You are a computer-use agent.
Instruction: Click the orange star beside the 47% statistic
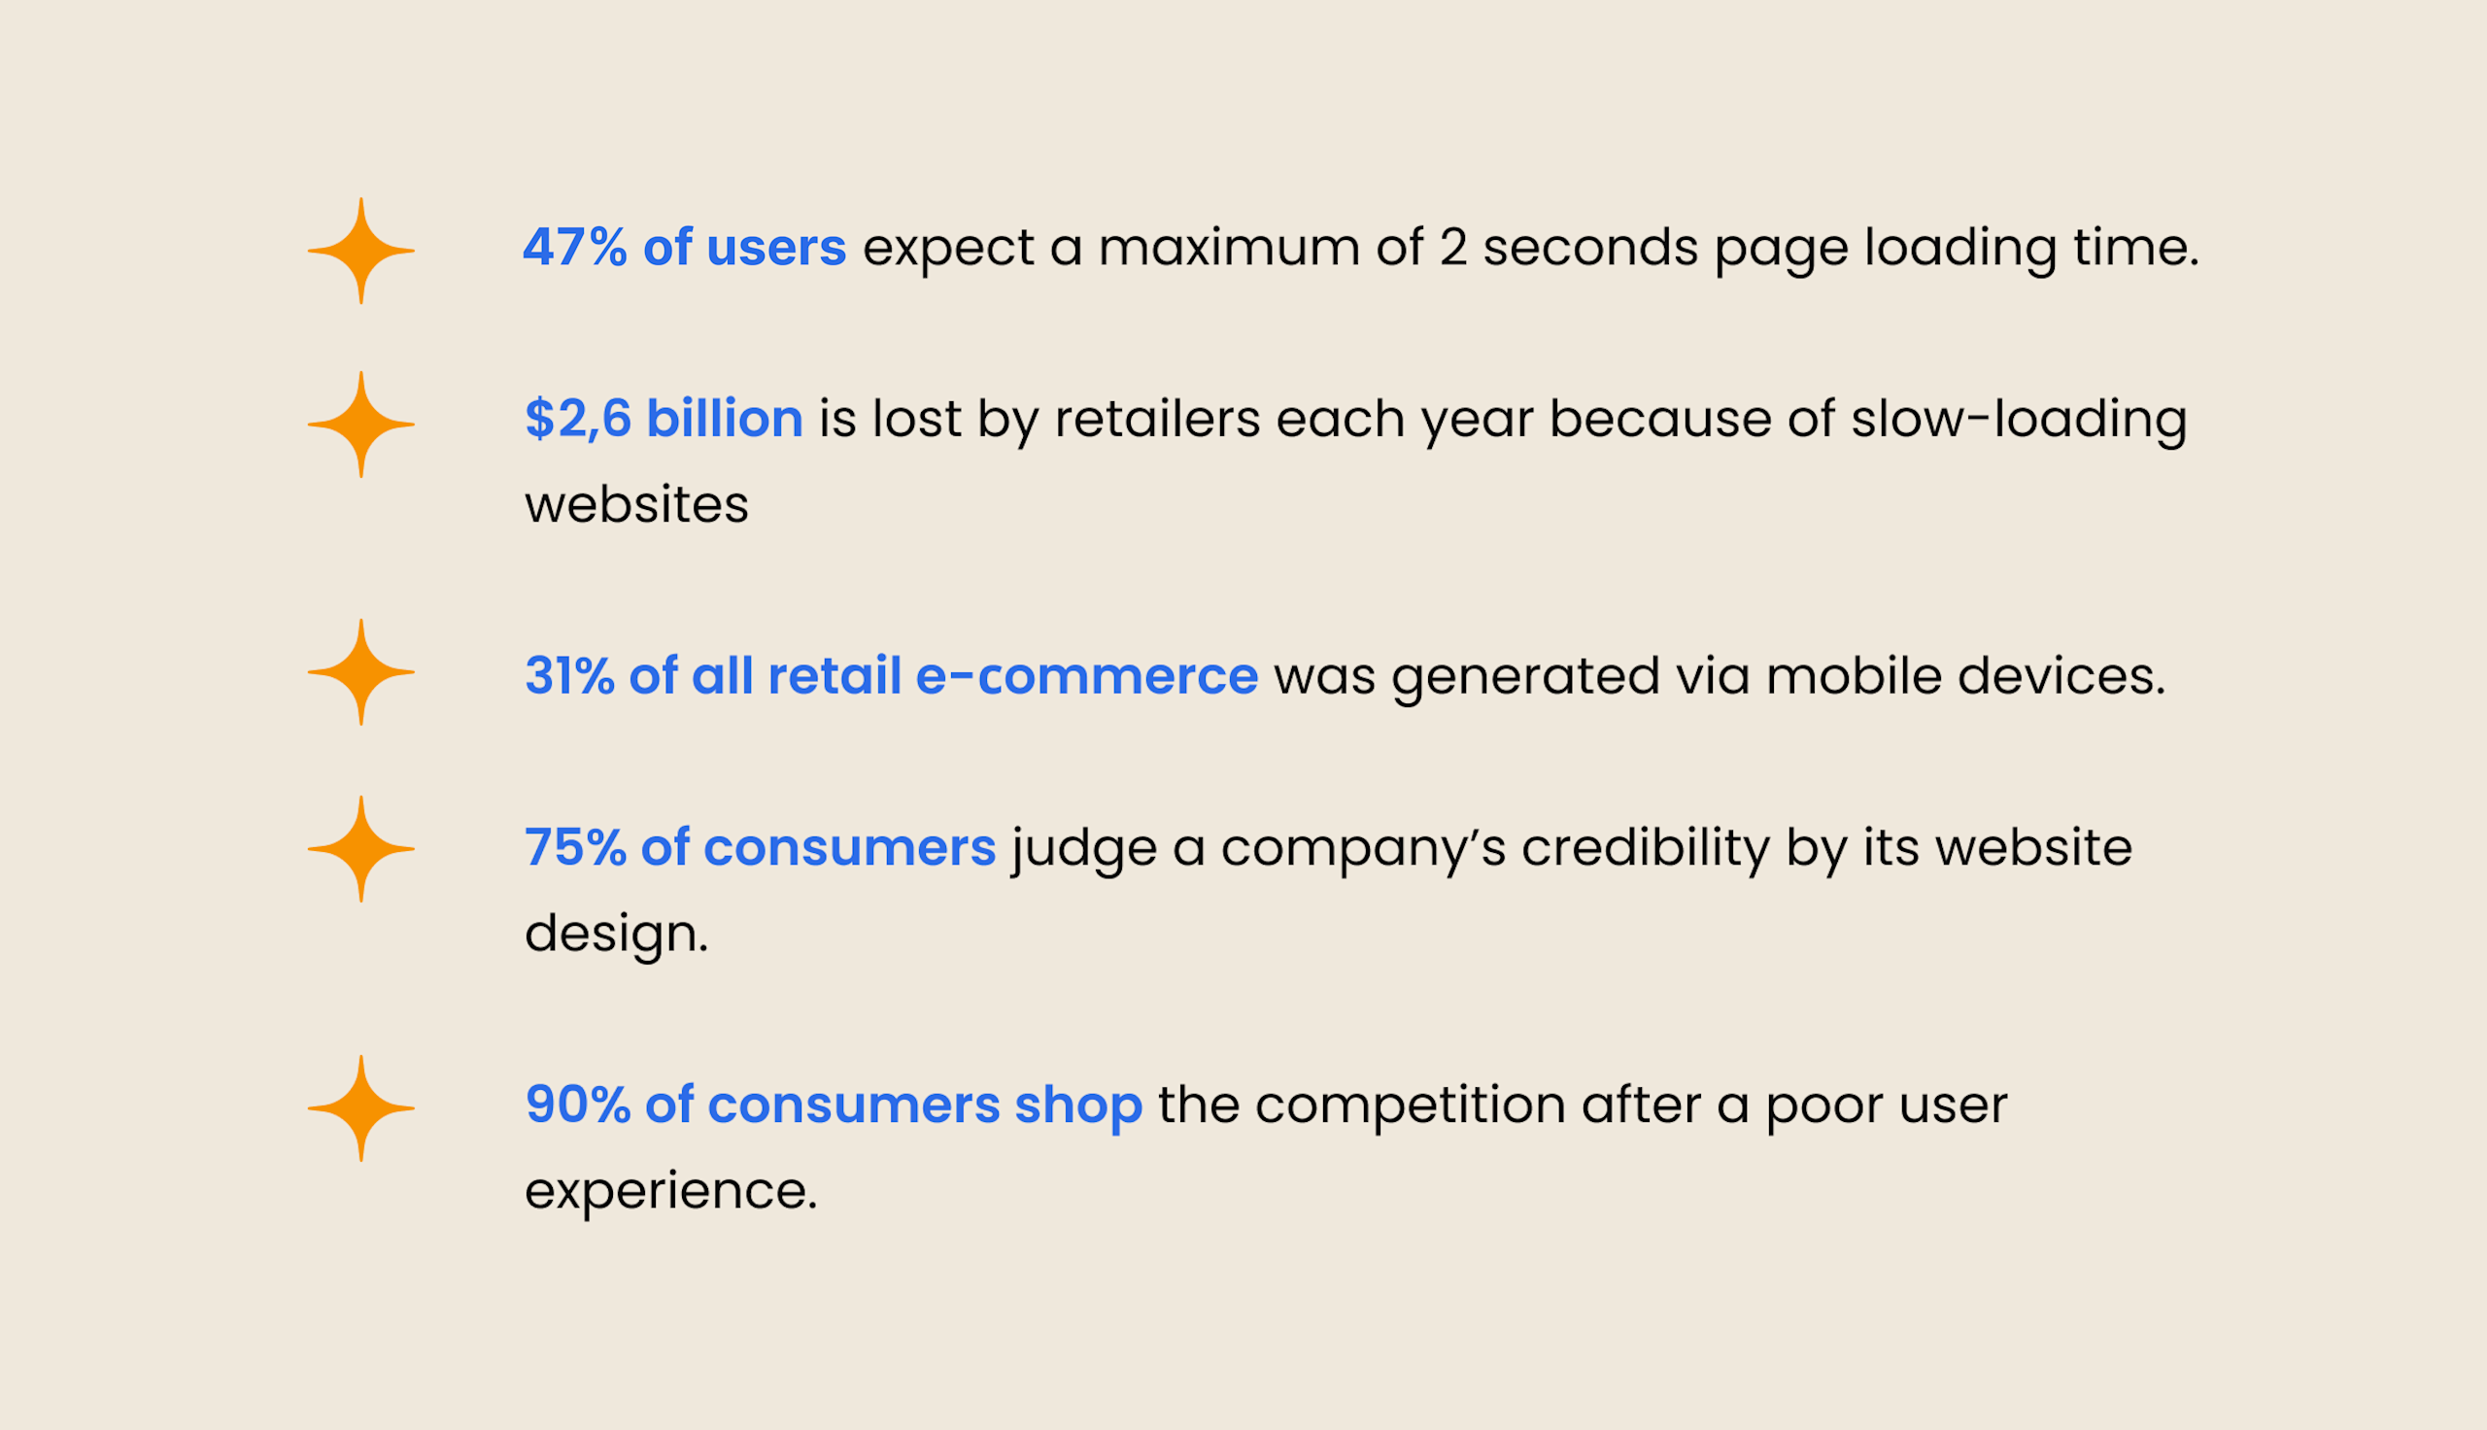pyautogui.click(x=361, y=252)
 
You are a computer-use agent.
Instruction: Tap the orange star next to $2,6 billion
pyautogui.click(x=361, y=426)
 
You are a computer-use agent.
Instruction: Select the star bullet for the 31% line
pyautogui.click(x=361, y=673)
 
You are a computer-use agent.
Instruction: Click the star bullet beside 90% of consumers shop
pyautogui.click(x=361, y=1108)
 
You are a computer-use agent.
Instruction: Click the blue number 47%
pyautogui.click(x=574, y=248)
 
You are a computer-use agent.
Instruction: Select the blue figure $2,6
pyautogui.click(x=578, y=420)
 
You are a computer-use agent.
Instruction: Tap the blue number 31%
pyautogui.click(x=569, y=677)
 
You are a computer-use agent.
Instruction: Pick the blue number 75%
pyautogui.click(x=575, y=847)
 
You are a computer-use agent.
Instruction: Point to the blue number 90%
pyautogui.click(x=577, y=1105)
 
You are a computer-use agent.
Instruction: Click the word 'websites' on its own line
pyautogui.click(x=636, y=506)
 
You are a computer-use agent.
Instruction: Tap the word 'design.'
pyautogui.click(x=617, y=934)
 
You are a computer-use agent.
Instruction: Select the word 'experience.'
pyautogui.click(x=670, y=1191)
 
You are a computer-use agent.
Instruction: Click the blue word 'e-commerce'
pyautogui.click(x=1086, y=677)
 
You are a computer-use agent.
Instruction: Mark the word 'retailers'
pyautogui.click(x=1157, y=420)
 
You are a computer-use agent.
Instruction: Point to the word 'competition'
pyautogui.click(x=1410, y=1105)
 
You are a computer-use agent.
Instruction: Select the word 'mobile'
pyautogui.click(x=1853, y=677)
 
